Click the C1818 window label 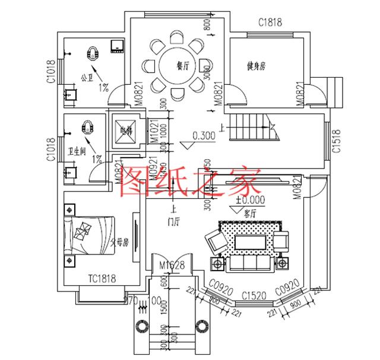[x=270, y=23]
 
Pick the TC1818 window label [x=102, y=278]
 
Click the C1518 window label [x=335, y=142]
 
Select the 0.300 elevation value [x=204, y=135]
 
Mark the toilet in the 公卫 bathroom [x=93, y=53]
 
